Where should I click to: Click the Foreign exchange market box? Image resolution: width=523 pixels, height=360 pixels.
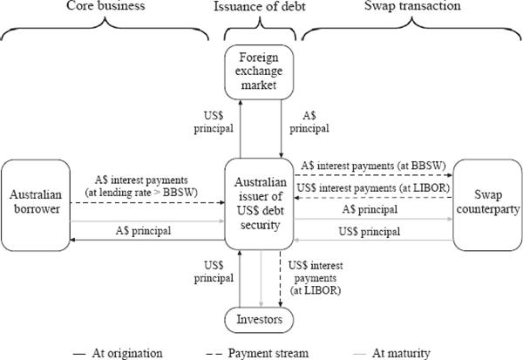click(x=261, y=74)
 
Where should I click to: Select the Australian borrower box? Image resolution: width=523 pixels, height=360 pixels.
click(x=37, y=202)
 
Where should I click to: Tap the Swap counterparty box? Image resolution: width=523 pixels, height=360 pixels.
click(x=486, y=201)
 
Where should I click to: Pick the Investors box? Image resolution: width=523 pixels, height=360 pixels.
click(x=261, y=320)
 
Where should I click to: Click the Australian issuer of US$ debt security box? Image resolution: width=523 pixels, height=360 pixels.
click(x=261, y=202)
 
